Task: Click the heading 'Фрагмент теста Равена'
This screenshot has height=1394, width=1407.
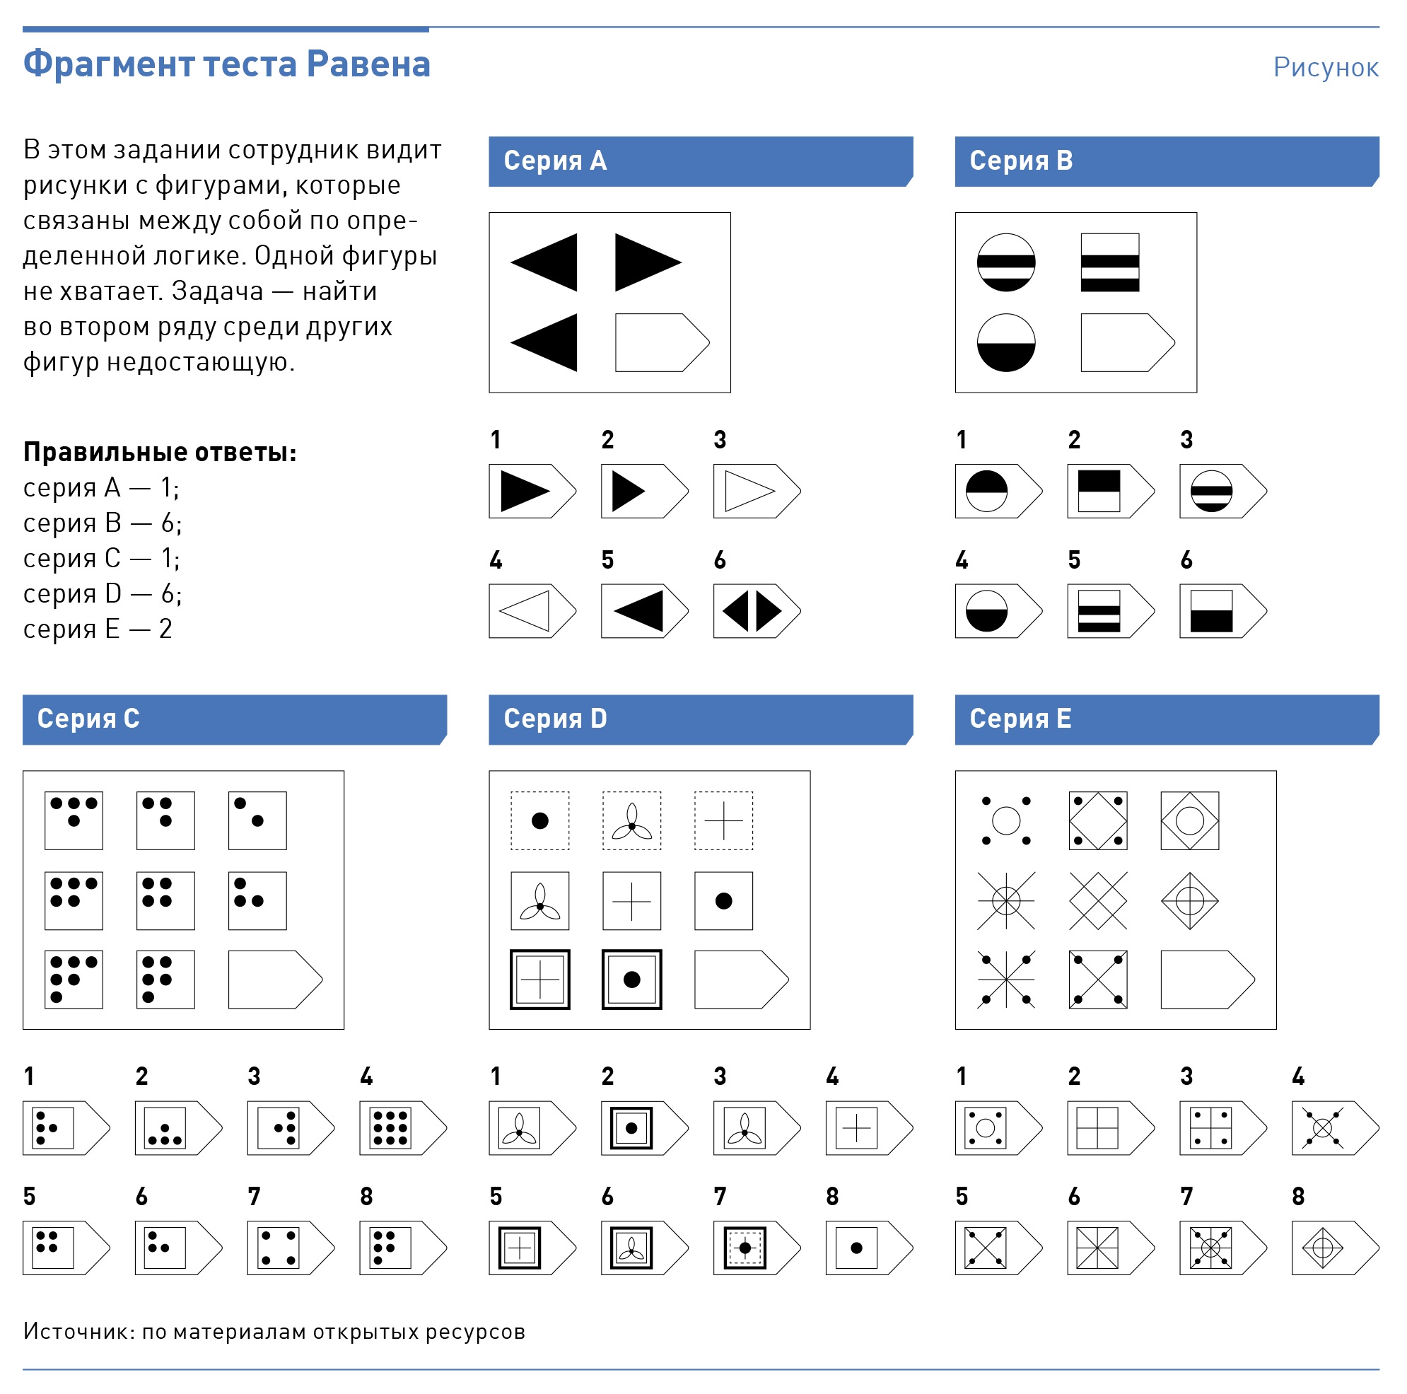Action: (x=226, y=64)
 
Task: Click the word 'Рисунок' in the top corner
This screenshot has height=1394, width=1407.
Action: (x=1325, y=67)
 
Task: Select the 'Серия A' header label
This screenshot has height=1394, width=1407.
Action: (x=555, y=161)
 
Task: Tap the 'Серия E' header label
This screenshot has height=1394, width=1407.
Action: (x=1020, y=718)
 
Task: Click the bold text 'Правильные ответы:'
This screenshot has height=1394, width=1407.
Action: (x=160, y=452)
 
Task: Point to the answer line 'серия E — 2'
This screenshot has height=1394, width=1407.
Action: (x=98, y=629)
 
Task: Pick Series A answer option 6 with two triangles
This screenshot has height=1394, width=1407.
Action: (x=757, y=610)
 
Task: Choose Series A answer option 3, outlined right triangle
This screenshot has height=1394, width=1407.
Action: (x=757, y=491)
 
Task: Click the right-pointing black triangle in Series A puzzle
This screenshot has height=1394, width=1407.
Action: (x=647, y=262)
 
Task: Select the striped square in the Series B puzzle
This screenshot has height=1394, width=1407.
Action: (x=1109, y=262)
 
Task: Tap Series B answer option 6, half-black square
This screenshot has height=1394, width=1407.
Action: (x=1222, y=610)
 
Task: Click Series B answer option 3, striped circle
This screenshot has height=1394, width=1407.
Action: (x=1222, y=491)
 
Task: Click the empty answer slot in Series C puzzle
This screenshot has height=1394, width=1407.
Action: (x=275, y=979)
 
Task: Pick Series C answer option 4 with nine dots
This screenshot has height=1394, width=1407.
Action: (x=403, y=1127)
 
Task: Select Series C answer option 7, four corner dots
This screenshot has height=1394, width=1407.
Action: (x=291, y=1248)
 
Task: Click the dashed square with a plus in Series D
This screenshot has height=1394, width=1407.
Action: (x=723, y=821)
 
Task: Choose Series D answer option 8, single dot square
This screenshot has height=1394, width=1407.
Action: (x=869, y=1248)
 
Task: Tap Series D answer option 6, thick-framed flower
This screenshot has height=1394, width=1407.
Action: (x=645, y=1248)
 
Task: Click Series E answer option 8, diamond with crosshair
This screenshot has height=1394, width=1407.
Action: (x=1335, y=1248)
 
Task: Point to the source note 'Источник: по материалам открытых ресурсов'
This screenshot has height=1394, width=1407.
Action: (x=274, y=1331)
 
